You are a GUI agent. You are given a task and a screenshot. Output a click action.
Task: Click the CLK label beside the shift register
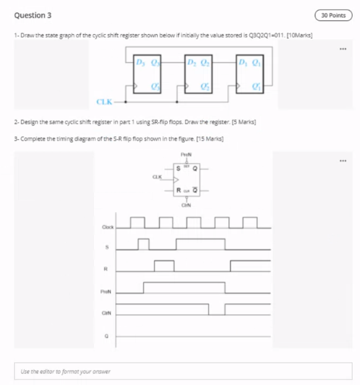(105, 101)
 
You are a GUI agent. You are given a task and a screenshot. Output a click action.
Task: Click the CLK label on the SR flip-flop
(157, 177)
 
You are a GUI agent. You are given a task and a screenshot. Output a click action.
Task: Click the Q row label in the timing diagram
(108, 336)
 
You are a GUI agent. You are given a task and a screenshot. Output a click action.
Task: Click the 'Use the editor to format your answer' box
(179, 371)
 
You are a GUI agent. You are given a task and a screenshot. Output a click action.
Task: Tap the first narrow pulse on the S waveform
(144, 243)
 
